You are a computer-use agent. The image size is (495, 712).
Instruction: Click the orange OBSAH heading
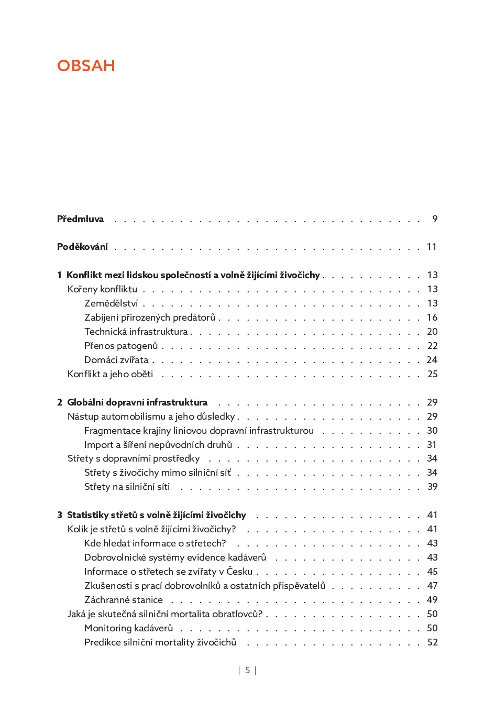[x=86, y=65]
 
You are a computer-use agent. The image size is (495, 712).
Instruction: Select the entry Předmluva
[x=80, y=219]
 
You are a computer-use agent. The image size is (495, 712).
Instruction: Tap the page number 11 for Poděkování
[x=432, y=247]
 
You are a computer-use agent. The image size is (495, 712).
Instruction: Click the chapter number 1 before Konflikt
[x=59, y=275]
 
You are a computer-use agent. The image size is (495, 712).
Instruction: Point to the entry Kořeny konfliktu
[x=102, y=289]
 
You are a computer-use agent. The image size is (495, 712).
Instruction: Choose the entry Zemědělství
[x=111, y=303]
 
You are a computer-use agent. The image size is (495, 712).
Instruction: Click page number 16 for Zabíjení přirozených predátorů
[x=432, y=317]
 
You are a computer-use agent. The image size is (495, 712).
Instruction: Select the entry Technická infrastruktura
[x=136, y=332]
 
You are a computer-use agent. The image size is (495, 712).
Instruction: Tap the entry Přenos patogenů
[x=121, y=346]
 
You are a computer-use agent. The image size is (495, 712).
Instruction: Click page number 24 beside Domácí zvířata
[x=432, y=360]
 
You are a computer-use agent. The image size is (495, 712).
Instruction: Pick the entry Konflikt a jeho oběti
[x=110, y=374]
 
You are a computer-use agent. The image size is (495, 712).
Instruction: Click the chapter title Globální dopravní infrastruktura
[x=137, y=402]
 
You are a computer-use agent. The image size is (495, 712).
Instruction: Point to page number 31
[x=432, y=445]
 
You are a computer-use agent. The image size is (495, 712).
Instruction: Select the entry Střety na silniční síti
[x=127, y=487]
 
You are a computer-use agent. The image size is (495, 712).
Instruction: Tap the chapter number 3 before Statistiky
[x=60, y=515]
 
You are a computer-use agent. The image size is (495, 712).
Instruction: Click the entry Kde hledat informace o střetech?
[x=155, y=543]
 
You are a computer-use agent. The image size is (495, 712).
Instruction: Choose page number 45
[x=432, y=572]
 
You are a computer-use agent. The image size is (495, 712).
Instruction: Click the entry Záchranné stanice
[x=124, y=600]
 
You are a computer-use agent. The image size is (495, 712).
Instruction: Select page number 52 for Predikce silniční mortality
[x=432, y=642]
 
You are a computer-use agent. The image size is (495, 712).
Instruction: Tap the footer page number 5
[x=248, y=670]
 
